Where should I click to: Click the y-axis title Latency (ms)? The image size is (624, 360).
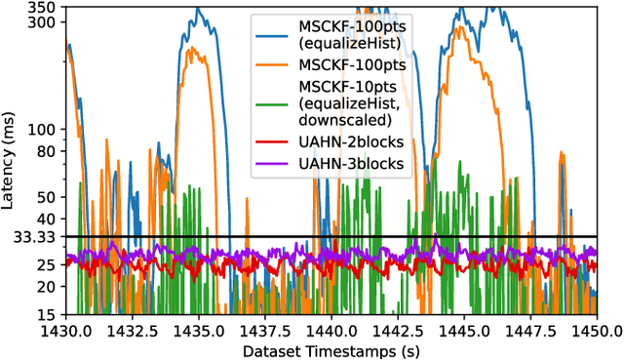click(x=9, y=161)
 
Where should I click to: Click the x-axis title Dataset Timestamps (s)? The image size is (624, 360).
click(x=331, y=349)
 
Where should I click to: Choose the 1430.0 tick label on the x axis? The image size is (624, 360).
click(x=66, y=330)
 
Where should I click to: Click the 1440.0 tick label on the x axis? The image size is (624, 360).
click(x=331, y=330)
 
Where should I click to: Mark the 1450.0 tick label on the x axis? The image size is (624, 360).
click(x=596, y=330)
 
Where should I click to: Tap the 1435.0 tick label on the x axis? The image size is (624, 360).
click(x=199, y=330)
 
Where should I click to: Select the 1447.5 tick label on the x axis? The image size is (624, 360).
click(x=529, y=330)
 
